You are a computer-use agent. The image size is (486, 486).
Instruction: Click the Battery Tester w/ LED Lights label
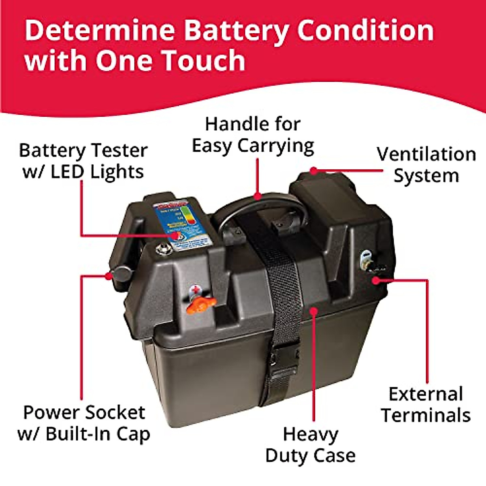click(x=83, y=161)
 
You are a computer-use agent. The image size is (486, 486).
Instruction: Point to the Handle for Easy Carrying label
click(x=253, y=135)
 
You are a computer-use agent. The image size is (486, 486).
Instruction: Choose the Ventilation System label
click(x=426, y=165)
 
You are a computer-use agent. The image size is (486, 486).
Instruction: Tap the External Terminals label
click(x=426, y=405)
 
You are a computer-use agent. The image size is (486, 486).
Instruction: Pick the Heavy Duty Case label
click(x=310, y=445)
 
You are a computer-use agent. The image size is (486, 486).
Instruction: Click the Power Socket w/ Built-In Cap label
click(x=84, y=423)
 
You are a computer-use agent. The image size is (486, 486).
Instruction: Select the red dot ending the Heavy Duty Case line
click(x=313, y=311)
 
